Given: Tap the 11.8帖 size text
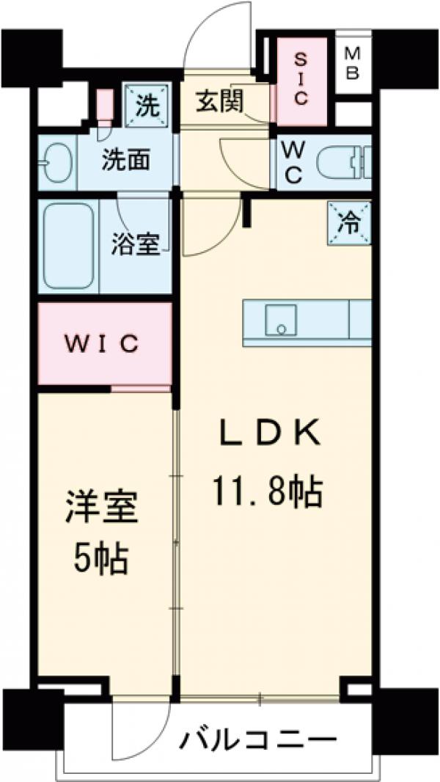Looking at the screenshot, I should pyautogui.click(x=268, y=490).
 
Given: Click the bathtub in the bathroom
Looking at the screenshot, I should pyautogui.click(x=68, y=247).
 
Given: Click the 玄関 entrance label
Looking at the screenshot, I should pyautogui.click(x=219, y=103).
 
